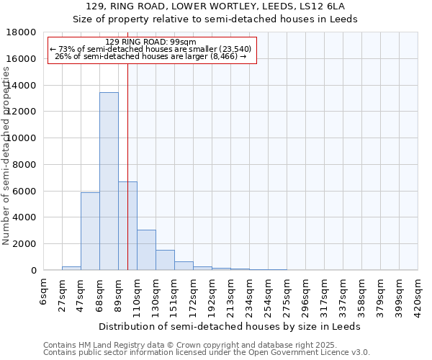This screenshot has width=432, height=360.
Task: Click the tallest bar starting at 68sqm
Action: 109,181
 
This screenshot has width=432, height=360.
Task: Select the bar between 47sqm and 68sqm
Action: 90,231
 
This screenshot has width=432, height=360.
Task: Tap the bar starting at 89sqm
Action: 127,226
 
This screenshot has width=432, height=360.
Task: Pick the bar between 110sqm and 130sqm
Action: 146,250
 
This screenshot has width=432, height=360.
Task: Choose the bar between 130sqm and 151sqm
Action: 165,260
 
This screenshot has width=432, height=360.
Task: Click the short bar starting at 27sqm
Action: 71,268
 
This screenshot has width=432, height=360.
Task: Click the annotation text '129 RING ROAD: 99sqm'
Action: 150,42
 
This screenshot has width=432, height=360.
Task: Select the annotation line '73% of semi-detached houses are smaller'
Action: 150,49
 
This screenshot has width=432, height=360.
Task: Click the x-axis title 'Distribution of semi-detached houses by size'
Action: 230,326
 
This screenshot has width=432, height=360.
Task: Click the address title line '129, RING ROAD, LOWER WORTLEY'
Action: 215,6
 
